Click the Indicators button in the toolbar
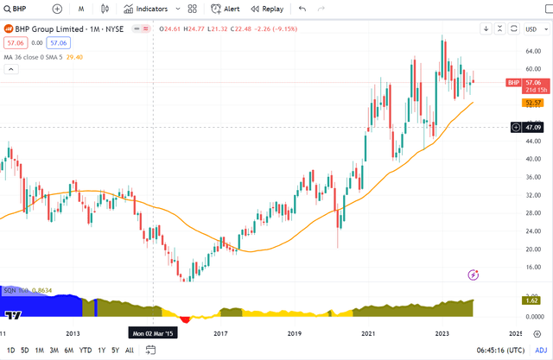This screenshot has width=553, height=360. pyautogui.click(x=151, y=9)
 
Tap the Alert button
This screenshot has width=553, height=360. pyautogui.click(x=226, y=9)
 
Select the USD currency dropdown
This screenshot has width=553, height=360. pyautogui.click(x=531, y=28)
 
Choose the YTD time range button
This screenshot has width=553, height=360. pyautogui.click(x=86, y=350)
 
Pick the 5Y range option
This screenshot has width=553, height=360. pyautogui.click(x=115, y=350)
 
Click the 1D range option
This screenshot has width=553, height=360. pyautogui.click(x=11, y=350)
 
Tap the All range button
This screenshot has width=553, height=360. pyautogui.click(x=130, y=350)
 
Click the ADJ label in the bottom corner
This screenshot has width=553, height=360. pyautogui.click(x=541, y=350)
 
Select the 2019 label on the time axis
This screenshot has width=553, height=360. pyautogui.click(x=294, y=332)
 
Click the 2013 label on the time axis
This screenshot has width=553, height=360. pyautogui.click(x=73, y=332)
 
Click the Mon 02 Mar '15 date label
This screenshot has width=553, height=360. pyautogui.click(x=153, y=332)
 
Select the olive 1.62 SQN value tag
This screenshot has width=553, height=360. pyautogui.click(x=532, y=300)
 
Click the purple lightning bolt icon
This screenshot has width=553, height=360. pyautogui.click(x=473, y=275)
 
